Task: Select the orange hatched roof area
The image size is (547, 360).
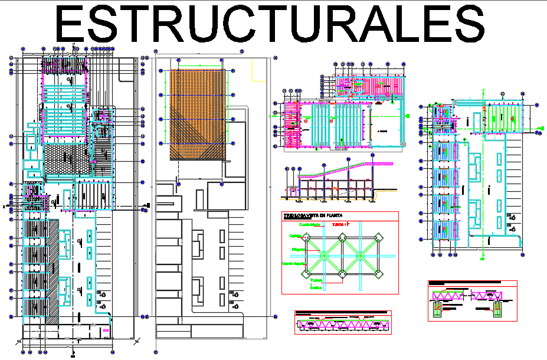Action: pyautogui.click(x=197, y=114)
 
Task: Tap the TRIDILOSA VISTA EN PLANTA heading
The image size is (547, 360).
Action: pyautogui.click(x=313, y=216)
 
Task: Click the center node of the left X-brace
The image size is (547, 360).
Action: pyautogui.click(x=323, y=254)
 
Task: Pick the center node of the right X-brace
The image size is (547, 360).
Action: pyautogui.click(x=360, y=254)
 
